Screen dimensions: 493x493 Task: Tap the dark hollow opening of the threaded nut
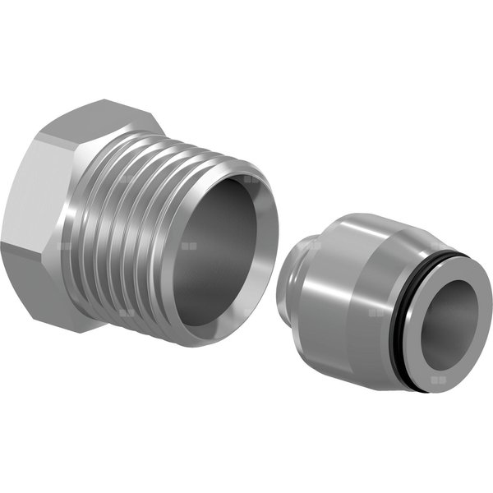click(222, 246)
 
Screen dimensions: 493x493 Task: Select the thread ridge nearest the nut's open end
click(173, 246)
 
